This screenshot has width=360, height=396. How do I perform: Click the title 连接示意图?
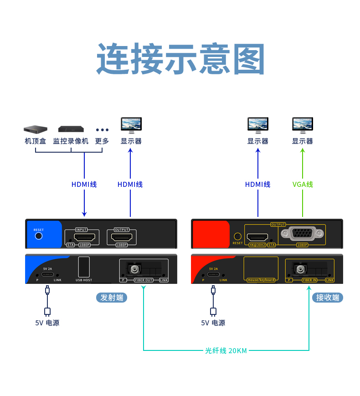[180, 59]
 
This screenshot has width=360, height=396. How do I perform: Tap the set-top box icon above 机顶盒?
[36, 129]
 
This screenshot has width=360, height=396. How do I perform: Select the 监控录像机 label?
[71, 141]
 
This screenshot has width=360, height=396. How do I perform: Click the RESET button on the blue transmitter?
[39, 236]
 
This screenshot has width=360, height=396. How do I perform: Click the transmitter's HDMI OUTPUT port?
[122, 237]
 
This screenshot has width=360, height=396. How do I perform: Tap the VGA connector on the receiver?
[303, 234]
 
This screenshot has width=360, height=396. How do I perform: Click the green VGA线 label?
[303, 185]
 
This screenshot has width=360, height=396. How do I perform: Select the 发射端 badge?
[111, 298]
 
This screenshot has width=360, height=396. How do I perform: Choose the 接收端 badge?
[328, 298]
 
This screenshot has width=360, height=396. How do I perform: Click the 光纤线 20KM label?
[226, 350]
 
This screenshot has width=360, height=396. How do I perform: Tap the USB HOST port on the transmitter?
[84, 266]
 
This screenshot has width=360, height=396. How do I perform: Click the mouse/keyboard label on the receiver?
[261, 280]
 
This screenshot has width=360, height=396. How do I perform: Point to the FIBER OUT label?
[144, 280]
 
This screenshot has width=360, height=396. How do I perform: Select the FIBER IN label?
[309, 280]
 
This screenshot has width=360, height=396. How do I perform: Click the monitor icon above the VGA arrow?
[303, 124]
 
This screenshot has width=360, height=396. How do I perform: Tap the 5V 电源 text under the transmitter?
[47, 323]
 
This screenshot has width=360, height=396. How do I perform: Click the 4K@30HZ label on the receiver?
[257, 245]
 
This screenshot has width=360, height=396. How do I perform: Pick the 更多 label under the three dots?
[102, 141]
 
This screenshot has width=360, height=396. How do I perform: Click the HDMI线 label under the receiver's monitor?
[257, 185]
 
